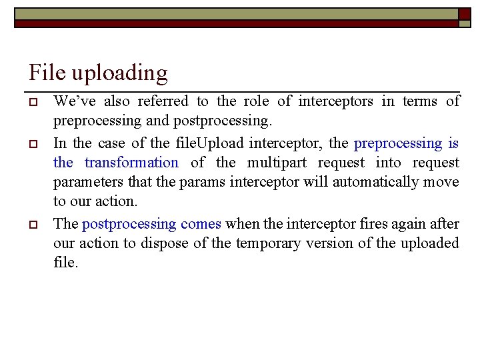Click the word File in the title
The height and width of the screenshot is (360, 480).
point(45,72)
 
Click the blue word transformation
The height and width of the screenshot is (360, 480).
point(131,163)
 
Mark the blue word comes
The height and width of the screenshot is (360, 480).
point(201,223)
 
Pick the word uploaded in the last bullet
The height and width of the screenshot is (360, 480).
point(429,243)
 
